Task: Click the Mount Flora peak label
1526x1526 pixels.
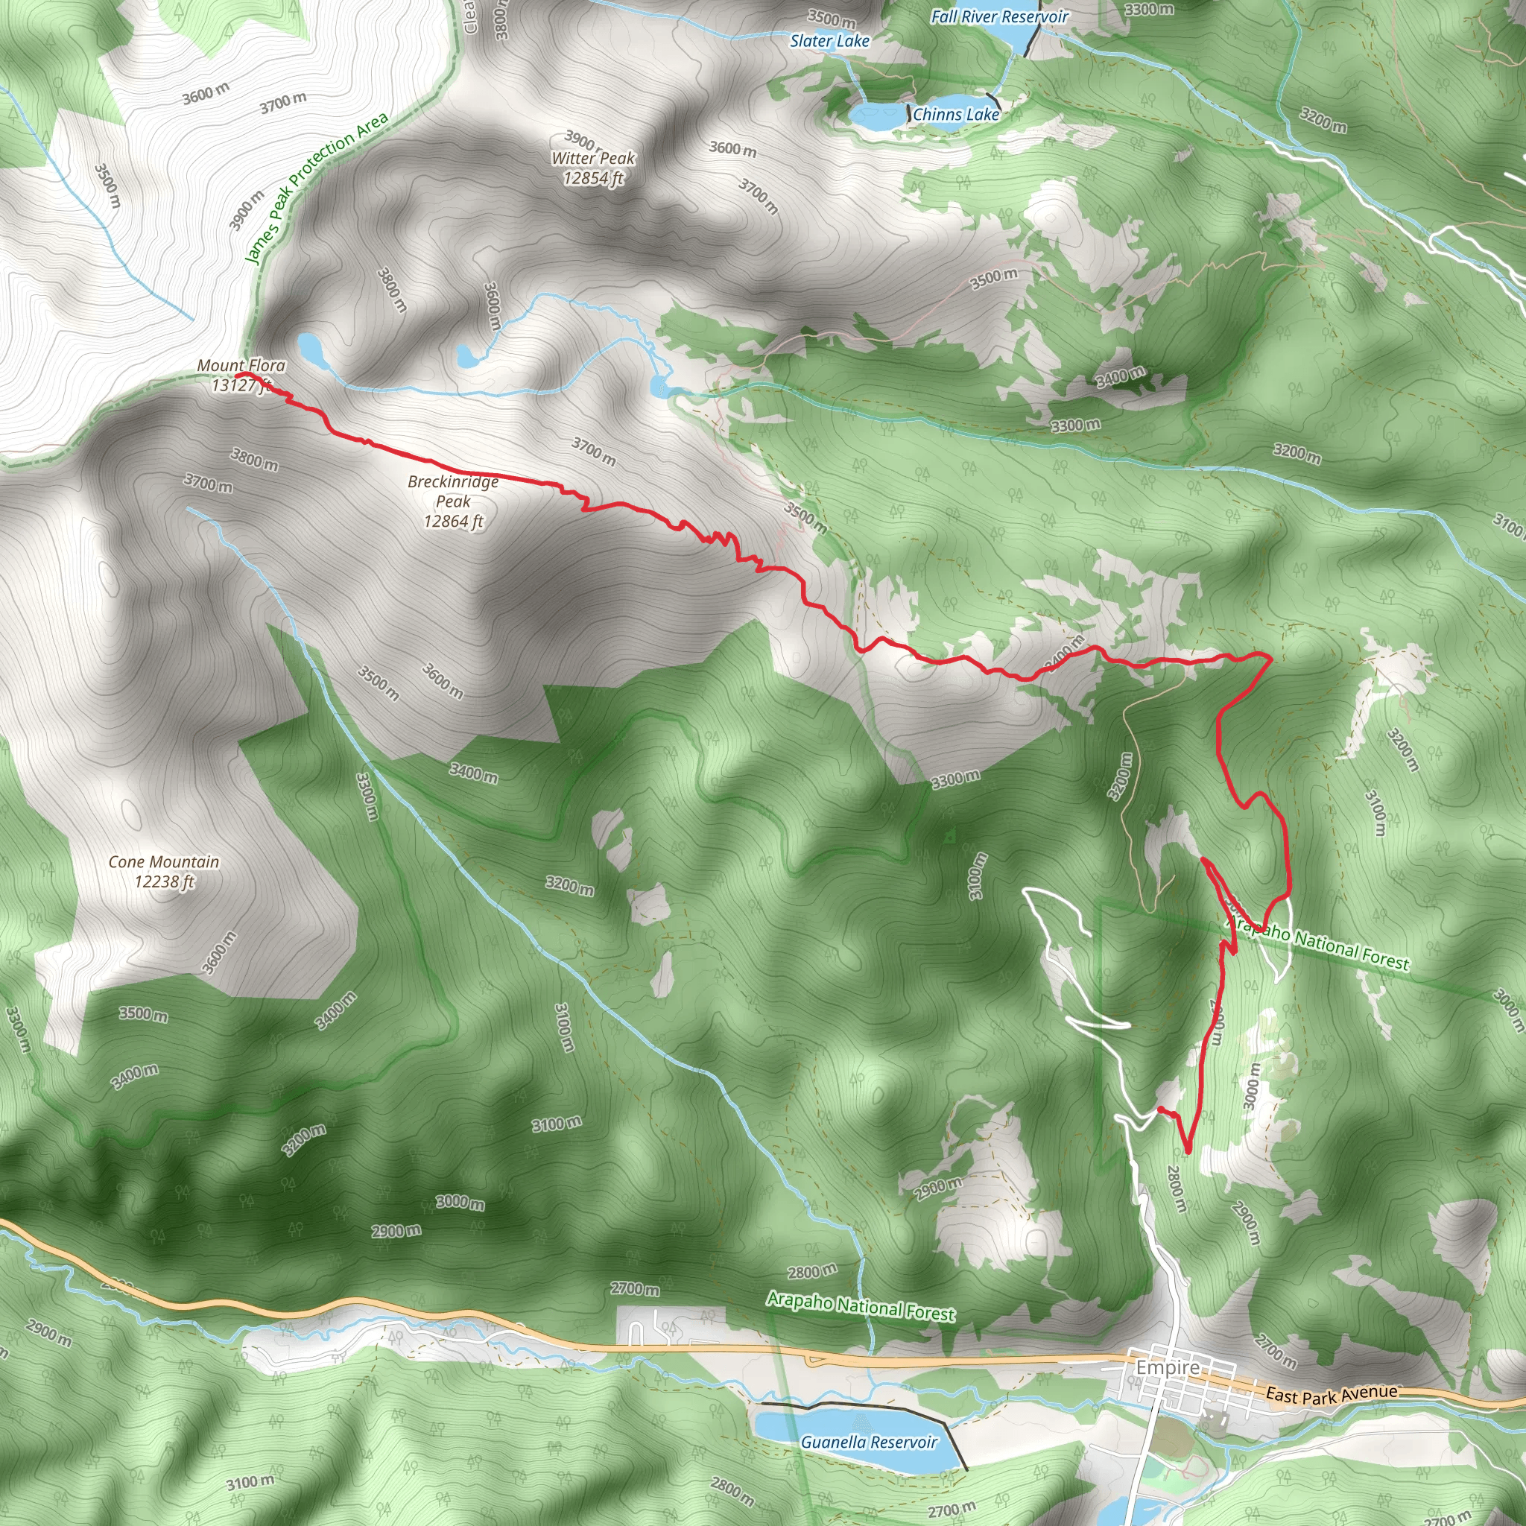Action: tap(241, 366)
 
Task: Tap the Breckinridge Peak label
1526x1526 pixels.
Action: tap(452, 490)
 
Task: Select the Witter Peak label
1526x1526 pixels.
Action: tap(593, 158)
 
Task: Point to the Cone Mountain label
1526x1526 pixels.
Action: tap(163, 862)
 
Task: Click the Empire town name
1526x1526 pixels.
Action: tap(1168, 1367)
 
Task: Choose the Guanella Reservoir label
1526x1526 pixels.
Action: tap(869, 1443)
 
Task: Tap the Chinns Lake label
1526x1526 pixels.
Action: tap(956, 115)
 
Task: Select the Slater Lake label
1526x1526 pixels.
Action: tap(829, 41)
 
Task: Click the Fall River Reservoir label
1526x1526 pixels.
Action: tap(999, 16)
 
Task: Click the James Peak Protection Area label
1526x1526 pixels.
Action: tap(316, 187)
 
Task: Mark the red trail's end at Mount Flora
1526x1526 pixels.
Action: tap(237, 376)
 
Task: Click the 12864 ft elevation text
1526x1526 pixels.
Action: tap(452, 522)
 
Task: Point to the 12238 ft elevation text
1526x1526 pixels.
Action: tap(163, 881)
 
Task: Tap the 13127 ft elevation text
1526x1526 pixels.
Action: tap(241, 385)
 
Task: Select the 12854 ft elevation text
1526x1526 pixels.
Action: tap(593, 179)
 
